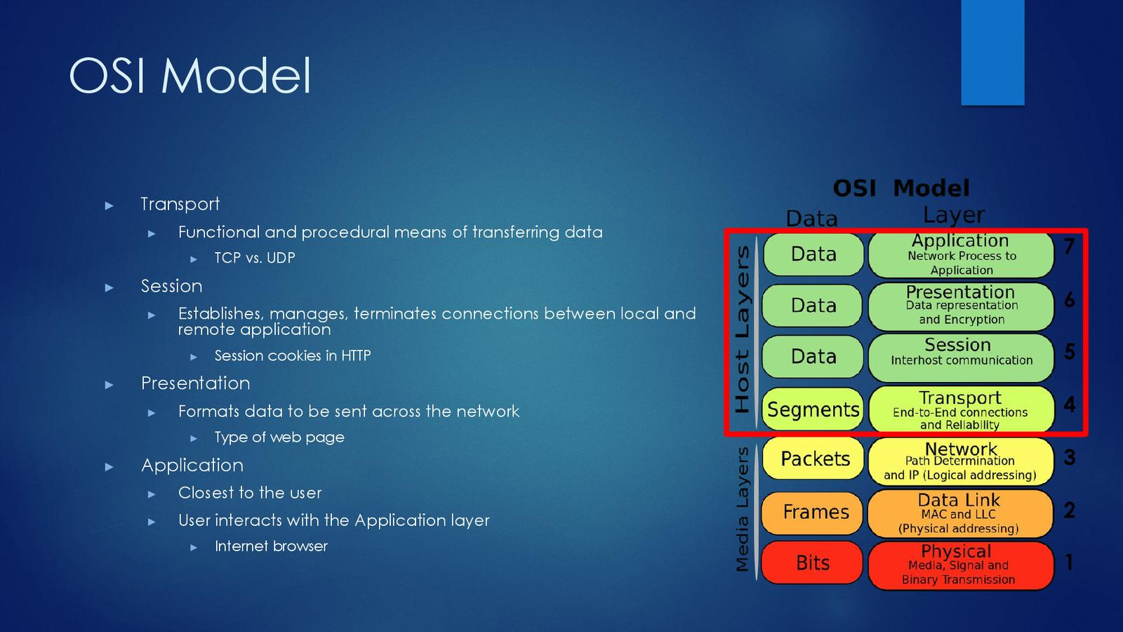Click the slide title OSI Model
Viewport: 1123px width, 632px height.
click(190, 75)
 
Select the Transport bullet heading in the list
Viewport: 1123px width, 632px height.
click(180, 204)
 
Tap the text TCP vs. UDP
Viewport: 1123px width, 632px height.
click(254, 258)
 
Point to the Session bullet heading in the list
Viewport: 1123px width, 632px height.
click(171, 286)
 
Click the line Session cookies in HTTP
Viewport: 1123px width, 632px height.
click(292, 355)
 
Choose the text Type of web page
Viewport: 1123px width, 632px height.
click(279, 437)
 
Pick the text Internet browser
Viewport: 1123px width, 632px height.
click(271, 546)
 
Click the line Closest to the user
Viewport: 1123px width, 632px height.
click(250, 492)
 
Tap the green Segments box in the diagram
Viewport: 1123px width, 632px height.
click(813, 409)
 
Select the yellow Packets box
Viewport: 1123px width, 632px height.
click(814, 459)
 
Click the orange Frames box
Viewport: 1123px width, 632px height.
click(815, 512)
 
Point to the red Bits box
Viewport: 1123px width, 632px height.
click(812, 562)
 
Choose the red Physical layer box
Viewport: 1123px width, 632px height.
click(960, 565)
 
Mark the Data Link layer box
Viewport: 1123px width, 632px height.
click(960, 513)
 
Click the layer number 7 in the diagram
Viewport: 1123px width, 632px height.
click(1069, 246)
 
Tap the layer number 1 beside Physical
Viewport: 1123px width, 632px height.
click(1069, 562)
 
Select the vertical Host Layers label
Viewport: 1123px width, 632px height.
click(742, 329)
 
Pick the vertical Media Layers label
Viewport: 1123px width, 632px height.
click(742, 509)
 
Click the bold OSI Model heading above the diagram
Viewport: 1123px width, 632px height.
click(901, 188)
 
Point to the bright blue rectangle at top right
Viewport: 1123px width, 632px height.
click(992, 52)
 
